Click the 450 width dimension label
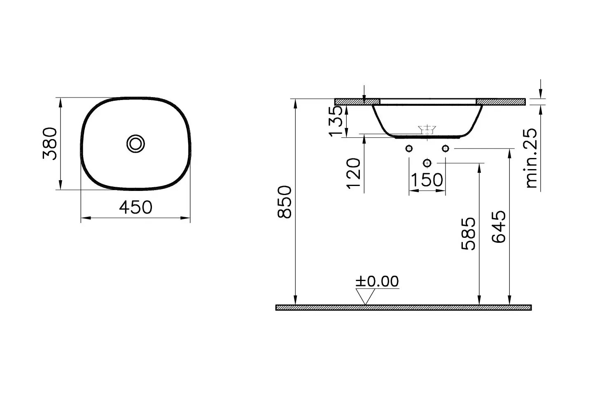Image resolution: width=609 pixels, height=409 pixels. (x=135, y=207)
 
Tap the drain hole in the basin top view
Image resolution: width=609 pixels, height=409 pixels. (x=135, y=144)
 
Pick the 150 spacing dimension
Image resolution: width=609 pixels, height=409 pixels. (x=427, y=180)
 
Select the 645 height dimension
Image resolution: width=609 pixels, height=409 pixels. (x=498, y=228)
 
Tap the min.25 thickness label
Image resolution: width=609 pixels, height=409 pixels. (x=532, y=158)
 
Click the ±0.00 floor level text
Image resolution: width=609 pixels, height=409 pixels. (x=377, y=281)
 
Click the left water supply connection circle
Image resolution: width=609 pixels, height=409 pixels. (x=409, y=149)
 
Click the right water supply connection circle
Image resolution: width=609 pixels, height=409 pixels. (x=445, y=149)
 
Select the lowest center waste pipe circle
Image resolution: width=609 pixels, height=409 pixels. (x=427, y=163)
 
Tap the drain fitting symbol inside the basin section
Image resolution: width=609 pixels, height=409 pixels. (x=427, y=130)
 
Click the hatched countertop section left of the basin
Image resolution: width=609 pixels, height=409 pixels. (x=357, y=101)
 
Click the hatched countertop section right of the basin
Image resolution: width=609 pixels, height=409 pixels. (x=500, y=101)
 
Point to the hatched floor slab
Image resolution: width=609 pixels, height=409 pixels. (x=404, y=308)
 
